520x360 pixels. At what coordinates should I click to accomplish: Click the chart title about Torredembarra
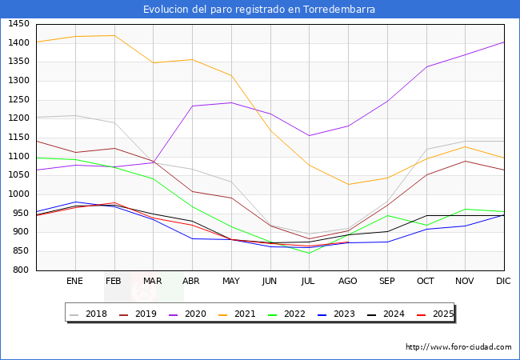pyautogui.click(x=259, y=10)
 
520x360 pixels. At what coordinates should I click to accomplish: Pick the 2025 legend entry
pyautogui.click(x=437, y=314)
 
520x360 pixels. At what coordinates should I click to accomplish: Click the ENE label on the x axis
pyautogui.click(x=74, y=282)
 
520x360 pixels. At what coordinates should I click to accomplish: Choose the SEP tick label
pyautogui.click(x=387, y=282)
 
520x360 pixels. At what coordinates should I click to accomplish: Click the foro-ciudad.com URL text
pyautogui.click(x=458, y=347)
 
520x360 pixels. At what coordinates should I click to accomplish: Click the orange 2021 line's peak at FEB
pyautogui.click(x=114, y=35)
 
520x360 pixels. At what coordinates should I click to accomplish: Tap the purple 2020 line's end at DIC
pyautogui.click(x=504, y=42)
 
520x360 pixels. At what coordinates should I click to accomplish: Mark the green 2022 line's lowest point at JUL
pyautogui.click(x=309, y=254)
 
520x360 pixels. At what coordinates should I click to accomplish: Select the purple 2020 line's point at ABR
pyautogui.click(x=192, y=106)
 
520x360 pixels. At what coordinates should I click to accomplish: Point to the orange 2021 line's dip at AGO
pyautogui.click(x=348, y=185)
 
